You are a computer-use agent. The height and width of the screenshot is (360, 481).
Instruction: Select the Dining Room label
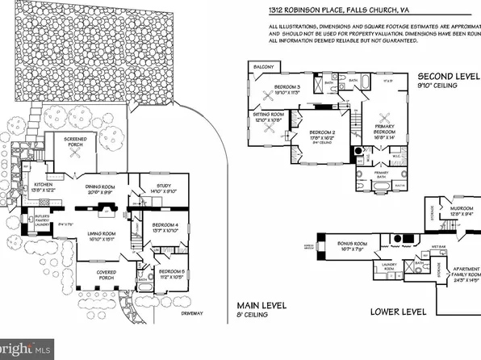pyautogui.click(x=102, y=189)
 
